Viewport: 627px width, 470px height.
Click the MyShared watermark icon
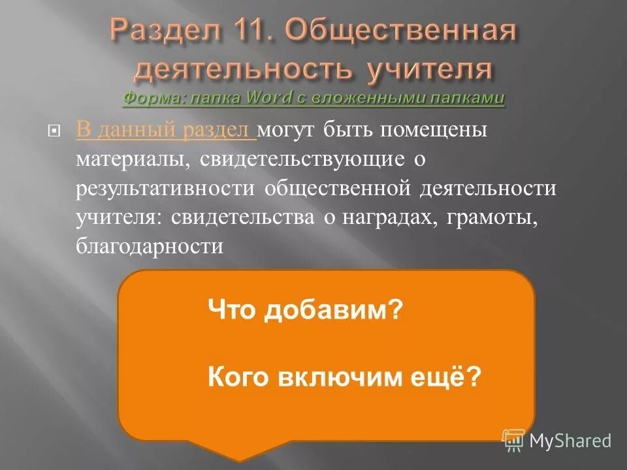coord(513,439)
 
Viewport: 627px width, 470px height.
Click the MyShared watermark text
coord(570,441)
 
